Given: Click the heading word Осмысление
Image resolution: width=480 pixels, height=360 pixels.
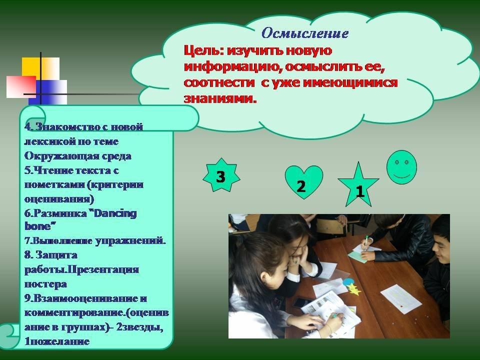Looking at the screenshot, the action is click(305, 33).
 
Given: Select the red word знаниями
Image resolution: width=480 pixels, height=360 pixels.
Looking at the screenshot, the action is click(220, 98).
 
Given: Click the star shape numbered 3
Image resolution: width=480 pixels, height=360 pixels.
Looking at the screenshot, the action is click(221, 175).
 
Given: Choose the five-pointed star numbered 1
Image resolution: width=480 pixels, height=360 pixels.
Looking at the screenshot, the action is click(358, 186).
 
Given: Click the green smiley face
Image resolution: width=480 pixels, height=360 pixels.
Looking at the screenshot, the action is click(401, 167).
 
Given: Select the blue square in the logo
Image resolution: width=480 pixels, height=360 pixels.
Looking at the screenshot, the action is click(48, 92).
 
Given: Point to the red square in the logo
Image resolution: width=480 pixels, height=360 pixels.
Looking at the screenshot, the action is click(21, 86).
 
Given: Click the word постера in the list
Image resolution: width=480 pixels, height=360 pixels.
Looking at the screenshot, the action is click(45, 284).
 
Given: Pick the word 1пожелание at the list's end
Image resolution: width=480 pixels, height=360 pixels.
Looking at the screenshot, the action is click(57, 341).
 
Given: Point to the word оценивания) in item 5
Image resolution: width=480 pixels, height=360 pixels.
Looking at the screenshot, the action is click(59, 199).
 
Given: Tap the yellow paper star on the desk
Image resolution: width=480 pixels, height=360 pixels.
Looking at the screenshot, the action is click(353, 289).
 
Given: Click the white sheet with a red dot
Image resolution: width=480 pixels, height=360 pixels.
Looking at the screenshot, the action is click(401, 299).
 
